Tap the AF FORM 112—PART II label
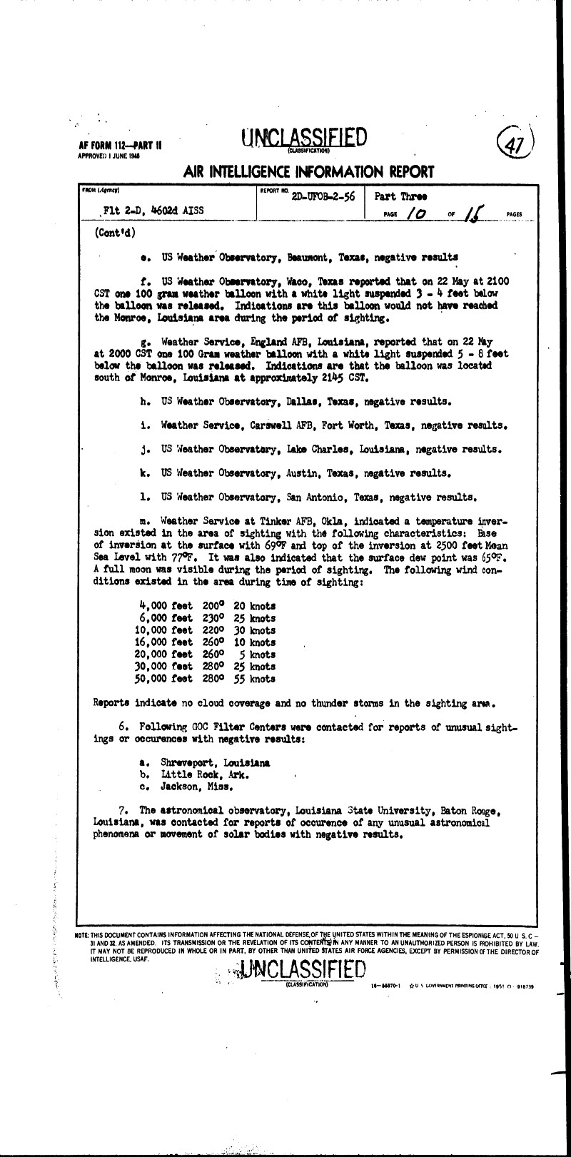(x=119, y=145)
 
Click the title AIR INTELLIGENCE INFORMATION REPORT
(x=308, y=172)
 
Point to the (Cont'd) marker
(x=113, y=233)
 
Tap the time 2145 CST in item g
(x=366, y=377)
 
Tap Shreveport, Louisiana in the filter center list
(x=215, y=762)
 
